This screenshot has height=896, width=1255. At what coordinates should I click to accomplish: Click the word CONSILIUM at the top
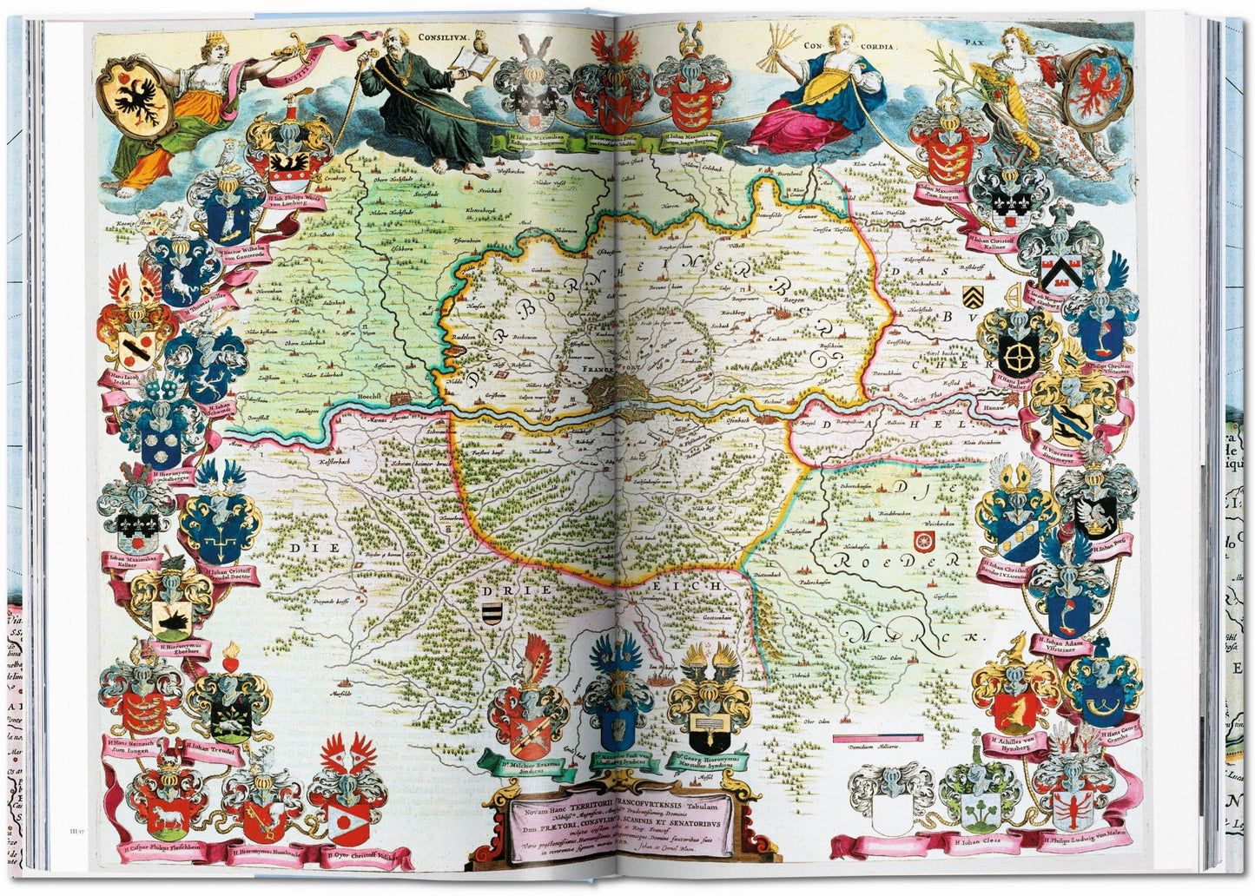point(445,38)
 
